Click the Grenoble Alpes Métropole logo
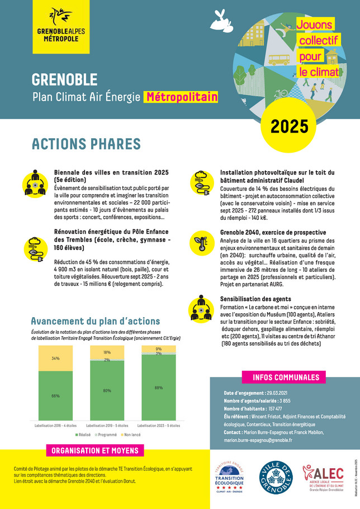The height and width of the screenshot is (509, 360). tap(69, 26)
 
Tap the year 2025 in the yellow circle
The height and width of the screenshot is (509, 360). tap(290, 126)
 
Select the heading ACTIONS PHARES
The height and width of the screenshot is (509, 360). tap(86, 144)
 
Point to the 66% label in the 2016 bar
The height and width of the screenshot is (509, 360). tap(55, 396)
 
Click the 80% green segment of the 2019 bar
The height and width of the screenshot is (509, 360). tap(107, 390)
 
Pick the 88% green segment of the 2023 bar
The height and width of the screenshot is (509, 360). tap(159, 388)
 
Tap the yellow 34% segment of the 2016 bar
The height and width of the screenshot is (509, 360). tap(55, 358)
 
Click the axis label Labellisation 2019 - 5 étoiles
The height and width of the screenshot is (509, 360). tap(107, 425)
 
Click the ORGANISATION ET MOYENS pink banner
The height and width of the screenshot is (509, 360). tap(95, 451)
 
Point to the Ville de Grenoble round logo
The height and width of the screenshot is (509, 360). tap(274, 479)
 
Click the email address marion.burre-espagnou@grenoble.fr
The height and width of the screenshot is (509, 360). tap(262, 440)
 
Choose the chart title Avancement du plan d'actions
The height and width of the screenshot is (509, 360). tap(95, 321)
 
